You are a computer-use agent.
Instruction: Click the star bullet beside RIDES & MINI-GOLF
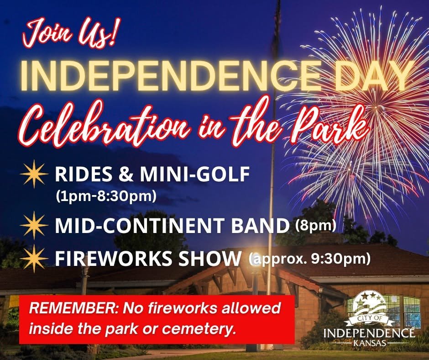pyautogui.click(x=34, y=174)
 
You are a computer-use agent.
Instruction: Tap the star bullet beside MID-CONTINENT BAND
pyautogui.click(x=34, y=225)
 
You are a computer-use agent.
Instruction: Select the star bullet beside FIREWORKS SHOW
pyautogui.click(x=34, y=259)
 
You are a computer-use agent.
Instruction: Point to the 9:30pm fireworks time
pyautogui.click(x=341, y=259)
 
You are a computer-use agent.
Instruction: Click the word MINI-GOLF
pyautogui.click(x=195, y=174)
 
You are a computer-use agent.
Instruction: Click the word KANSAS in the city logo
pyautogui.click(x=370, y=343)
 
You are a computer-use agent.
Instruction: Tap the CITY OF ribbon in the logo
pyautogui.click(x=369, y=318)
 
